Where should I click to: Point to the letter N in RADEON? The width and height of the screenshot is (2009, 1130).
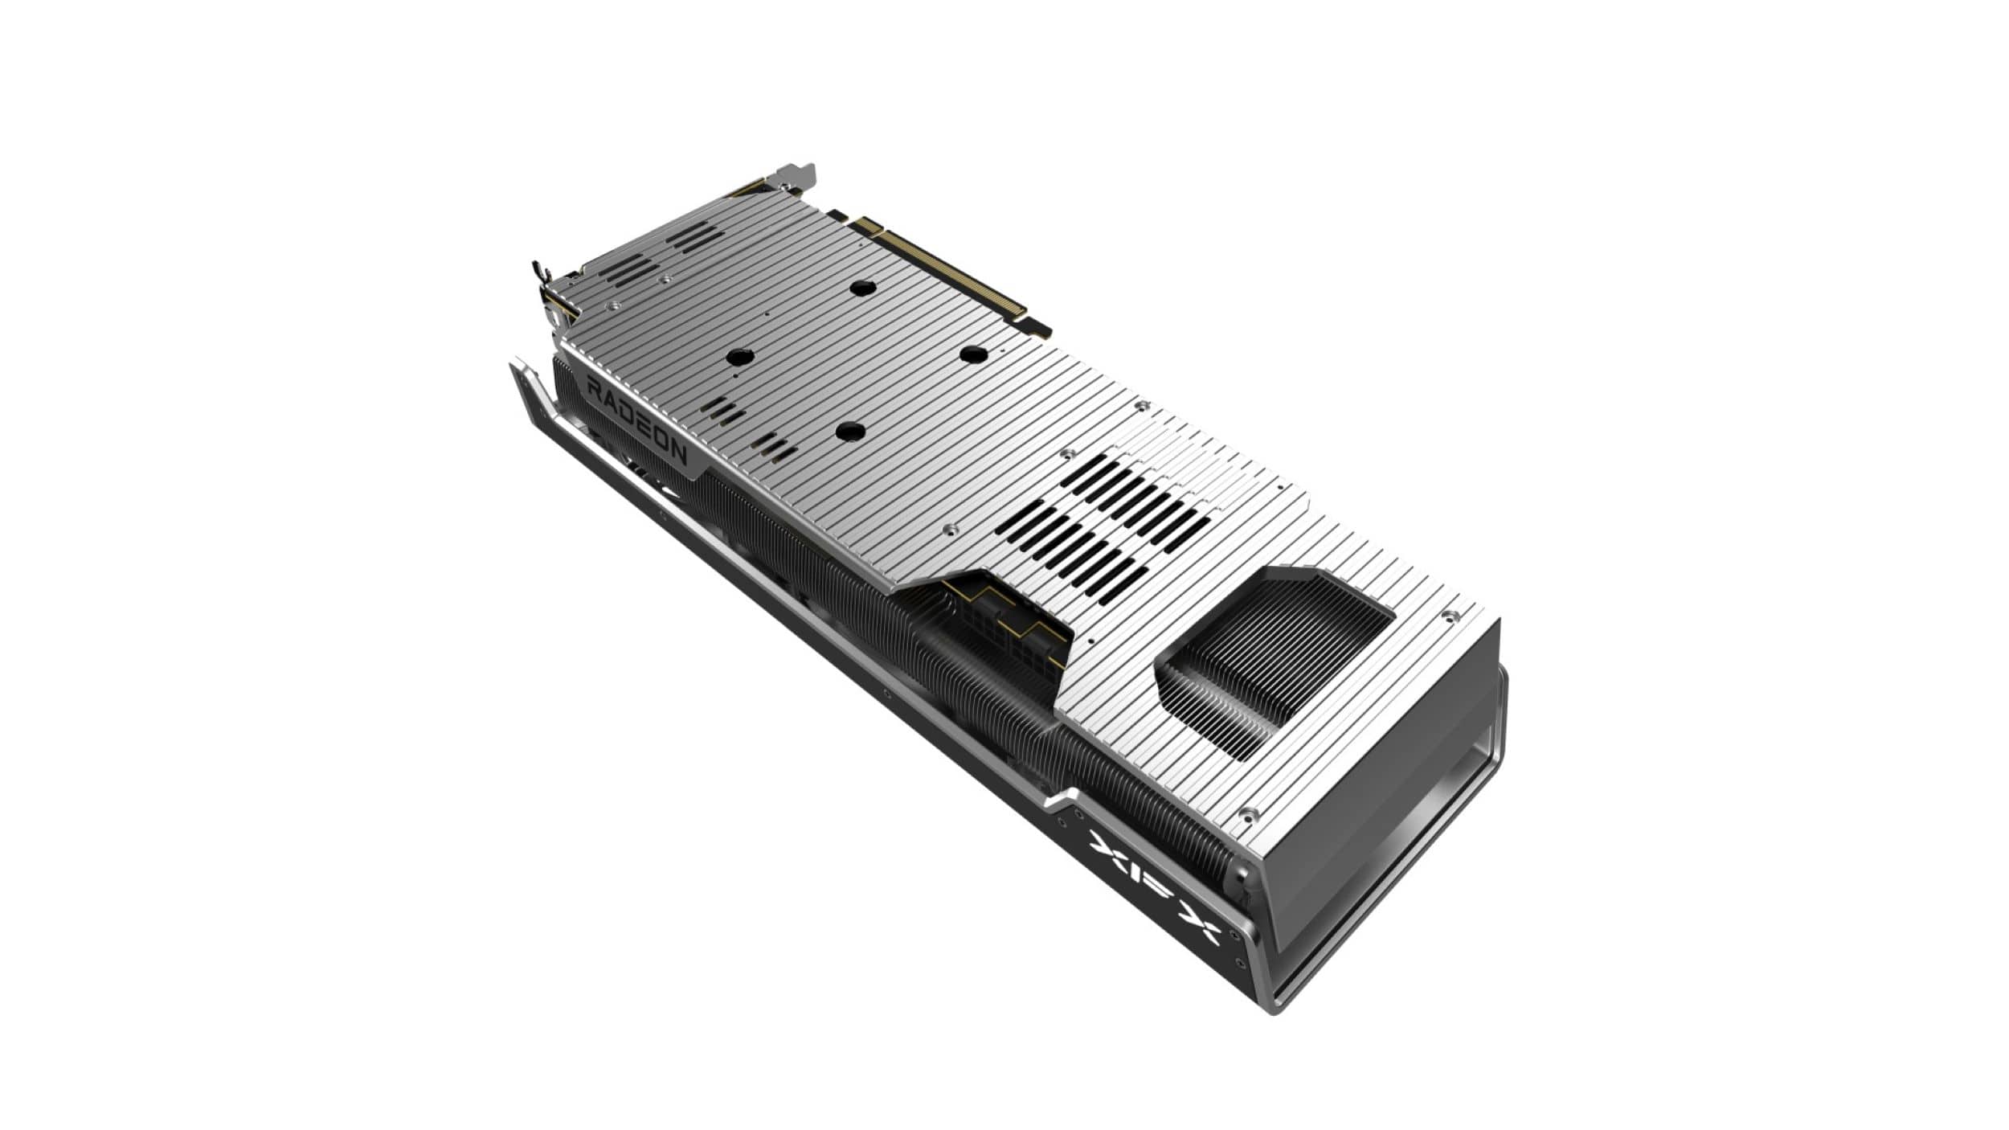677,454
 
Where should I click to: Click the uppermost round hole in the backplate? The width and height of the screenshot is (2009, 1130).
862,288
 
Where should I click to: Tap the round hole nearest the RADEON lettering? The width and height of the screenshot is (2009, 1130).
739,357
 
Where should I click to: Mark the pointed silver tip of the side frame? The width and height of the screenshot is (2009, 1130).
515,368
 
